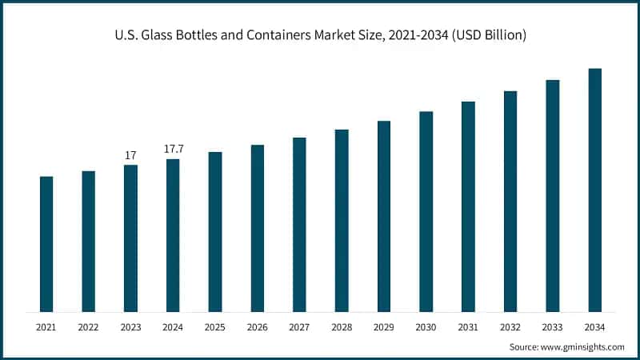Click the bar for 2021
click(x=46, y=244)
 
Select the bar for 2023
click(x=130, y=238)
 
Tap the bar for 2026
click(x=258, y=228)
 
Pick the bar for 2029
click(x=384, y=216)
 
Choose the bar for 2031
click(x=468, y=206)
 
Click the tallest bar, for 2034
click(x=594, y=190)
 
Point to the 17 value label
click(x=130, y=154)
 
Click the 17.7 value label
click(x=173, y=149)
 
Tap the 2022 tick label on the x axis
click(x=88, y=327)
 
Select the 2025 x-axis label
click(x=215, y=327)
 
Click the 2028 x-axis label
click(x=342, y=327)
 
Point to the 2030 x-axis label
click(x=426, y=327)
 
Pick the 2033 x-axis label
click(x=553, y=327)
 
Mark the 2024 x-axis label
click(x=173, y=327)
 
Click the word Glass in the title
click(x=157, y=35)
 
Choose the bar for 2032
click(x=510, y=201)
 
